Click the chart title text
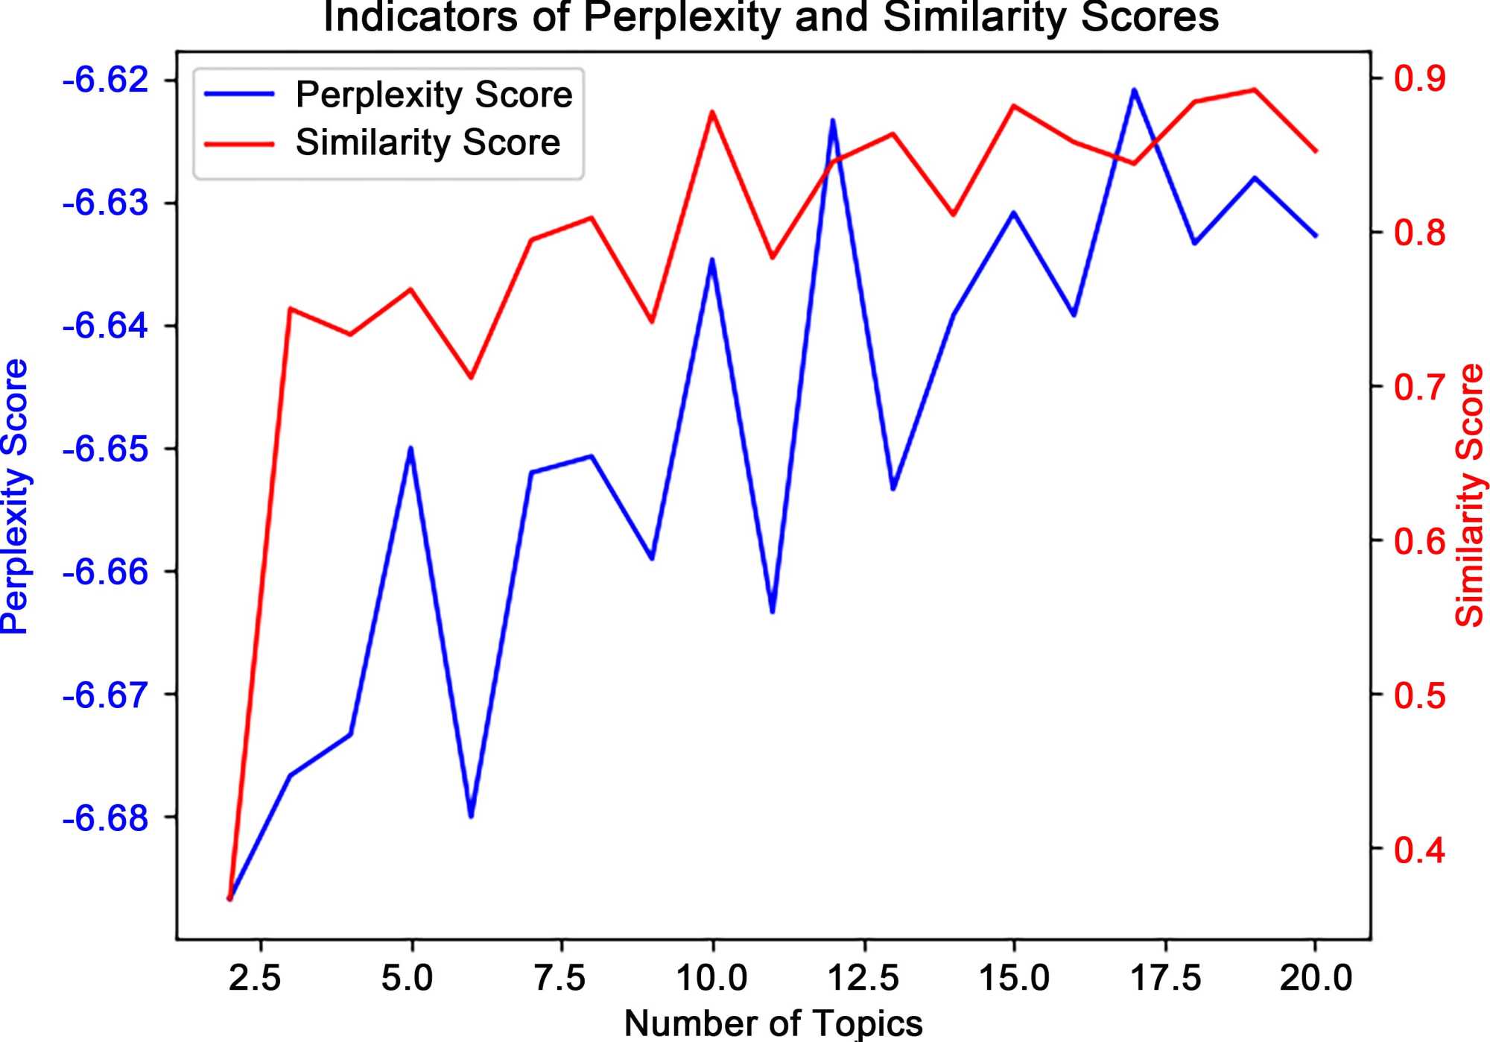coord(770,18)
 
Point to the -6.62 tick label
coord(107,80)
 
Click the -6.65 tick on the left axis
coord(107,449)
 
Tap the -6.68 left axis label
coord(107,818)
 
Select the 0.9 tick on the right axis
coord(1420,78)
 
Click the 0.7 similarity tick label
coord(1420,387)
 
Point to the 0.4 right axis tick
coord(1420,850)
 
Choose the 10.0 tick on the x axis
coord(711,978)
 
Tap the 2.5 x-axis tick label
coord(255,978)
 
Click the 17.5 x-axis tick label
coord(1166,978)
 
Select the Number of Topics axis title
coord(773,1023)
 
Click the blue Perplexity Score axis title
coord(15,496)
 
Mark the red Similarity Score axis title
coord(1470,495)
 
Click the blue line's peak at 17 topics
coord(1134,90)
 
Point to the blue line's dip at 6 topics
coord(471,816)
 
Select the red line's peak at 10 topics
coord(712,112)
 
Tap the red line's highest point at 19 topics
coord(1255,89)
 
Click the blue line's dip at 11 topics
coord(773,612)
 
